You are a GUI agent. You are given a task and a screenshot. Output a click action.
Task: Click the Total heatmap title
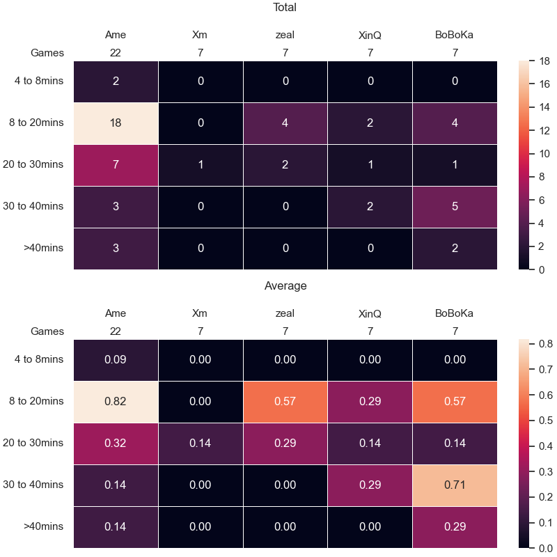pos(285,7)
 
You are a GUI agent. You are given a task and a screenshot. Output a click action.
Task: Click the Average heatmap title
pos(285,285)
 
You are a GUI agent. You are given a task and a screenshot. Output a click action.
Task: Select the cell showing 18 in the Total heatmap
pos(116,123)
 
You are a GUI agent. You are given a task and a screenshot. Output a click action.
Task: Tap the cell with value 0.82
pos(116,402)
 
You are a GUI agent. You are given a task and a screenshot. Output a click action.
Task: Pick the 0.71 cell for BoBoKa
pos(455,485)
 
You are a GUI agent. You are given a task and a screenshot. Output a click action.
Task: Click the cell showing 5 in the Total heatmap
pos(455,207)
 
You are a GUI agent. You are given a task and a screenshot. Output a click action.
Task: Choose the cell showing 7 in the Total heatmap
pos(116,165)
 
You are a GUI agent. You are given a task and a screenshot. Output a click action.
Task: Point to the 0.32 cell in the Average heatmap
pos(116,444)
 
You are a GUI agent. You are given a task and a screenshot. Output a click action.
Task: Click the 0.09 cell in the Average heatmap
pos(116,360)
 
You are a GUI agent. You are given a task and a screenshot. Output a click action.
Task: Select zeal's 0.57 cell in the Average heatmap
pos(285,402)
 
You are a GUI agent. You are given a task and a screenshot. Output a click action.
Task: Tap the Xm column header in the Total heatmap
pos(200,35)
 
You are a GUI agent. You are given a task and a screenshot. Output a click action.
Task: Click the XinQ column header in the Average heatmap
pos(370,314)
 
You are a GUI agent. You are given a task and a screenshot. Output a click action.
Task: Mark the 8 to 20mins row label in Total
pos(36,123)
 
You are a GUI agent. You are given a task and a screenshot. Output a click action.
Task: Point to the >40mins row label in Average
pos(43,526)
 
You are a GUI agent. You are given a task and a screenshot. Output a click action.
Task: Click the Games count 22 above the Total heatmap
pos(116,53)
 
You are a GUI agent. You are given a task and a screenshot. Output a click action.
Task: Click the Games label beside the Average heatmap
pos(47,331)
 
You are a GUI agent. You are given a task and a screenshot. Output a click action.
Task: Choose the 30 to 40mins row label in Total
pos(33,206)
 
